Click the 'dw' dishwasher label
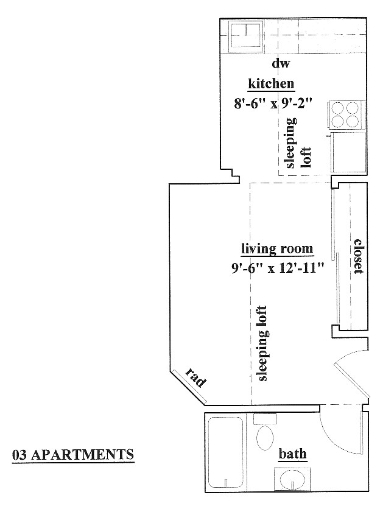pyautogui.click(x=281, y=63)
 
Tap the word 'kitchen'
pyautogui.click(x=271, y=84)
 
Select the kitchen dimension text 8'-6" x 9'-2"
pyautogui.click(x=273, y=104)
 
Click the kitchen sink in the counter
pyautogui.click(x=245, y=37)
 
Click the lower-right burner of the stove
pyautogui.click(x=352, y=121)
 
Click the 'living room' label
pyautogui.click(x=277, y=249)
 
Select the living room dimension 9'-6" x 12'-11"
pyautogui.click(x=278, y=268)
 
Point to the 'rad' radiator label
pyautogui.click(x=196, y=378)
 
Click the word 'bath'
pyautogui.click(x=293, y=453)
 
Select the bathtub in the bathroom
pyautogui.click(x=225, y=452)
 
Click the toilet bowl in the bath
pyautogui.click(x=265, y=437)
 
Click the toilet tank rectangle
pyautogui.click(x=265, y=419)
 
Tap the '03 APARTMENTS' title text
pyautogui.click(x=73, y=454)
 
